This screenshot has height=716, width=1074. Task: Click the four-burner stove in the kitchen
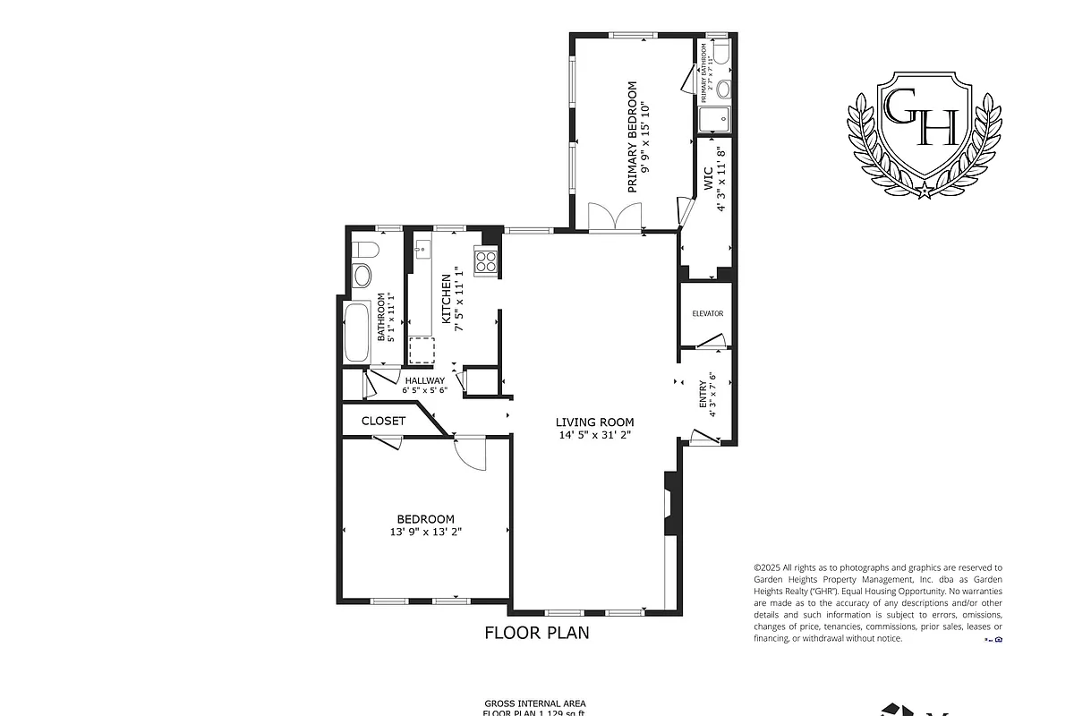pos(486,261)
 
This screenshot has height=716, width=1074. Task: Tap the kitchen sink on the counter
pos(422,247)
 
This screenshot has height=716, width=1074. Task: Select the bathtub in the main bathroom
pos(356,333)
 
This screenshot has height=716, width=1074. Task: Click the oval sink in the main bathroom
pos(362,275)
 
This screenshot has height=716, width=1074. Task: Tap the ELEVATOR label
pos(707,313)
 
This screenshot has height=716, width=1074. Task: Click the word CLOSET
pos(383,421)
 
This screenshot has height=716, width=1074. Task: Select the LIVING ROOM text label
pos(594,422)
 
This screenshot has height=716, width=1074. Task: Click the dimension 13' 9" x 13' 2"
pos(425,532)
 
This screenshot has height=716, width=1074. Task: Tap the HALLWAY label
pos(424,380)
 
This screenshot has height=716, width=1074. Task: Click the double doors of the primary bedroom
pos(616,217)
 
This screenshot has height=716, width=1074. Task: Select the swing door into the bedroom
pos(468,451)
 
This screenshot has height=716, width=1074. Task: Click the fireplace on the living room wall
pos(669,503)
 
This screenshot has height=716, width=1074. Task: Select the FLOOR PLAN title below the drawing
pos(537,634)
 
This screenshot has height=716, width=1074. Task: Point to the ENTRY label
pos(703,395)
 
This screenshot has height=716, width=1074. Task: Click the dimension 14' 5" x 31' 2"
pos(594,437)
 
